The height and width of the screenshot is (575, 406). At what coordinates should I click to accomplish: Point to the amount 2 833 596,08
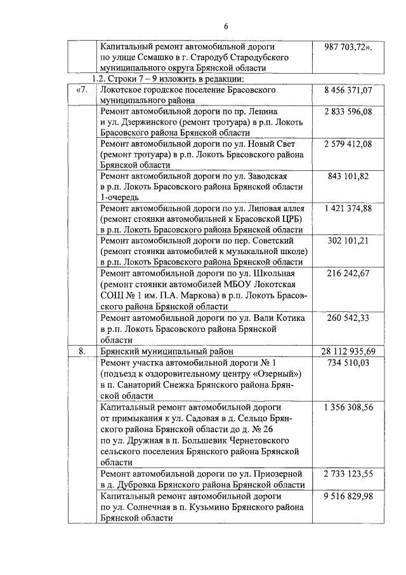tap(348, 112)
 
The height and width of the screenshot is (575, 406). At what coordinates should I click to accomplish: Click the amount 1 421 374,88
tap(348, 208)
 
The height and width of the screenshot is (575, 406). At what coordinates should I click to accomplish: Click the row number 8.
tap(82, 351)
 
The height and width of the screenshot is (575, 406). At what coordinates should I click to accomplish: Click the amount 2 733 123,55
tap(348, 473)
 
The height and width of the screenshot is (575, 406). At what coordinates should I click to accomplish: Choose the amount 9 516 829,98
tap(348, 496)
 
